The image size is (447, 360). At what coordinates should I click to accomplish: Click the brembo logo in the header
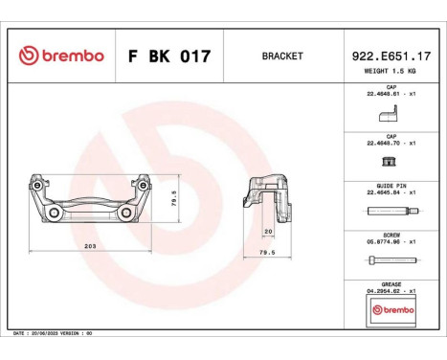click(60, 56)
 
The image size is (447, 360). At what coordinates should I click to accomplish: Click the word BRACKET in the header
click(282, 56)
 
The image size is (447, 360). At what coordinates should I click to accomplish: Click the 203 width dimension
click(90, 245)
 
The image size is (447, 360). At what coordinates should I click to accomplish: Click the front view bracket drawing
click(90, 203)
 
